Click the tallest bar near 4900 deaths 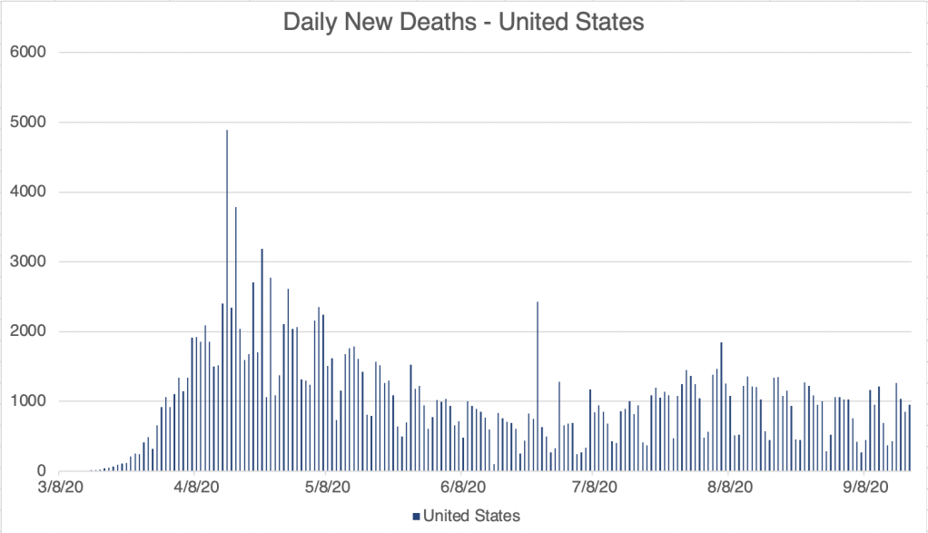227,300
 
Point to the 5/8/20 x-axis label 328,489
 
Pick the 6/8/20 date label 463,489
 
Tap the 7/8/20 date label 595,489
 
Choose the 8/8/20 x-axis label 729,489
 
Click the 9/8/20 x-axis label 864,489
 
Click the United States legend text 471,517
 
